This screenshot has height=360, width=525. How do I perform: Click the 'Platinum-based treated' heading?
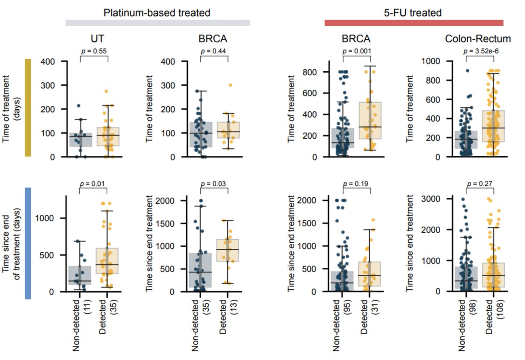157,13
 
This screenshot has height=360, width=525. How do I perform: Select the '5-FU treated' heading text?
414,13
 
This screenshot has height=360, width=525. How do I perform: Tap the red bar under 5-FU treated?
414,23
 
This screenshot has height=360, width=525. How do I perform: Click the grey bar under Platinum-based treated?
157,23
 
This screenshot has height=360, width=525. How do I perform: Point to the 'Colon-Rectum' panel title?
478,39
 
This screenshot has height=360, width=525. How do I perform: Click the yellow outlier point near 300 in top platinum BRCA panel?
230,85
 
